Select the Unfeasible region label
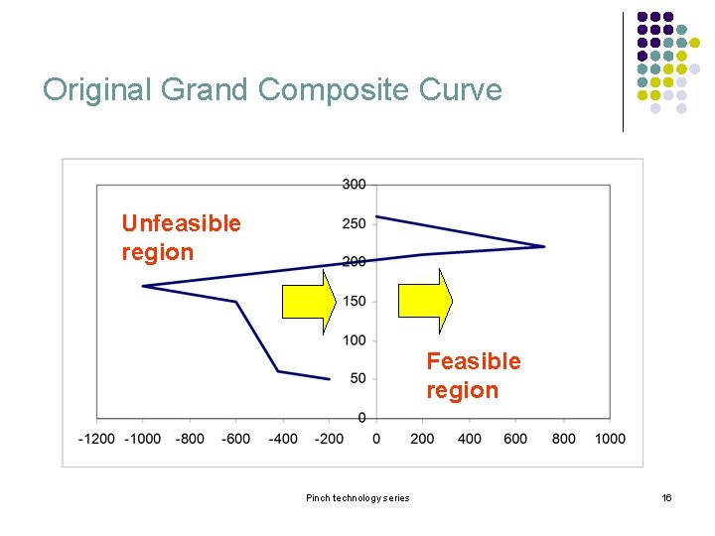[x=181, y=237]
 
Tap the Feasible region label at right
[x=473, y=375]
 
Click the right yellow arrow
[x=424, y=300]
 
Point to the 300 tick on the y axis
[x=354, y=184]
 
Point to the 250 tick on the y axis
[x=354, y=223]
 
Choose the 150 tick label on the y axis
[x=354, y=301]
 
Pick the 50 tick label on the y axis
[x=357, y=378]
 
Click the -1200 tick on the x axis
[x=96, y=439]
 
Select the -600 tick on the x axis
[x=236, y=439]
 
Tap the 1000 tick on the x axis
[x=610, y=439]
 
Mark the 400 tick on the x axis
[x=470, y=439]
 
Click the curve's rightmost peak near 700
[x=544, y=246]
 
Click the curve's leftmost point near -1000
[x=143, y=286]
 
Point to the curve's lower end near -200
[x=329, y=378]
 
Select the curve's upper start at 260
[x=376, y=215]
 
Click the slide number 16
[x=666, y=497]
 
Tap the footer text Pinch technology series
[x=357, y=497]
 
